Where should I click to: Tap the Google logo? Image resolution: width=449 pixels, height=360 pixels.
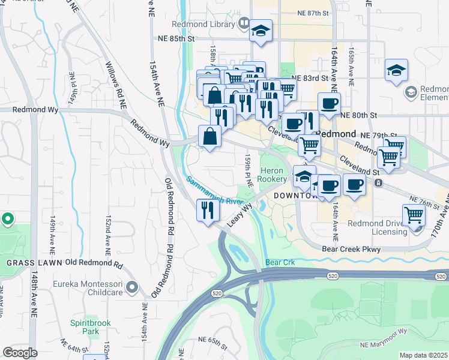[x=20, y=353]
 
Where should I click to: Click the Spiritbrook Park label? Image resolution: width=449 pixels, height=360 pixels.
[x=91, y=327]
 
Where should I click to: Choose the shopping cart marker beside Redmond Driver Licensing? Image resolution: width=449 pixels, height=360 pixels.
[x=414, y=214]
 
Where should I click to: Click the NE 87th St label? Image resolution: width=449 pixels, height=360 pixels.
[x=314, y=13]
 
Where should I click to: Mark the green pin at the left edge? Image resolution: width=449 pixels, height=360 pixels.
[x=7, y=220]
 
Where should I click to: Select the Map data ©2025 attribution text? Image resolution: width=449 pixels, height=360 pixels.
[x=423, y=355]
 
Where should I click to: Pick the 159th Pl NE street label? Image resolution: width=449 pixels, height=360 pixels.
[x=247, y=168]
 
